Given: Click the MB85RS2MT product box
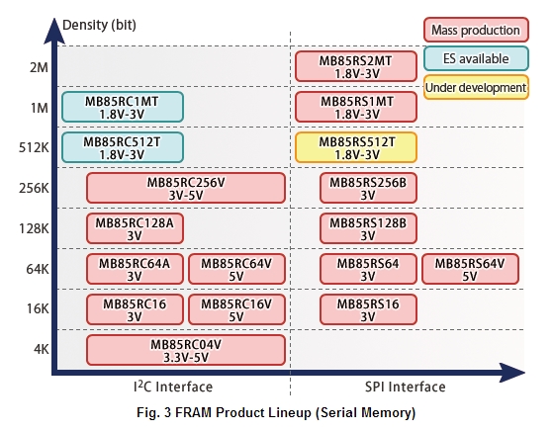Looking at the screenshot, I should click(356, 66).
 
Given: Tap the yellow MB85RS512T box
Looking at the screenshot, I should click(356, 147).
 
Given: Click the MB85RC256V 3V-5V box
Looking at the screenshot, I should click(186, 188).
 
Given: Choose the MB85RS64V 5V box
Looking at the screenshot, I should click(470, 269).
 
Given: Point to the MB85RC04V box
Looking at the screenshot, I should click(186, 350).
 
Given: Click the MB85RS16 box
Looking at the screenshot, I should click(368, 309).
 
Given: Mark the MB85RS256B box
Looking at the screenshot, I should click(368, 188).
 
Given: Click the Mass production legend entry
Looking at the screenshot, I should click(475, 31).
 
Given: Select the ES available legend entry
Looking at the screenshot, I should click(475, 59).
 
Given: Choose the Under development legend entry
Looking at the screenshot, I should click(475, 88).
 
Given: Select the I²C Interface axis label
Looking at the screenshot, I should click(173, 387).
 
